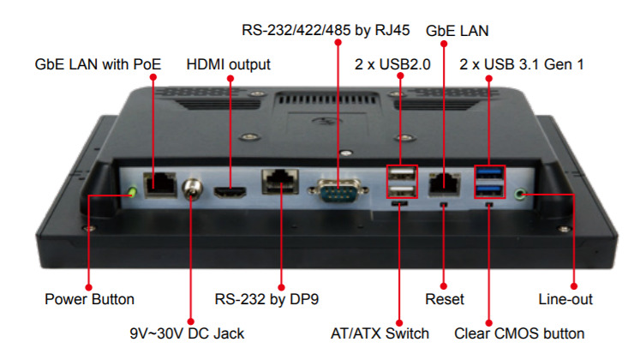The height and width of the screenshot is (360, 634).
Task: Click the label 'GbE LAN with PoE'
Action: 98,64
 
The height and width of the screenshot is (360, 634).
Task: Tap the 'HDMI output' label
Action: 228,64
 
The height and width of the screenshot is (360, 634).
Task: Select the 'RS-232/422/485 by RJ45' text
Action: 326,30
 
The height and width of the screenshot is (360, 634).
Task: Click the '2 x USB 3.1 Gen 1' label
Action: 522,64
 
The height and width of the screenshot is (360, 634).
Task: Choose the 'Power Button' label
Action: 89,299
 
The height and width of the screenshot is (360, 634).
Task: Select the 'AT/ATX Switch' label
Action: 380,332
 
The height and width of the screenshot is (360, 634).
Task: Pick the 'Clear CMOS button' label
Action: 519,332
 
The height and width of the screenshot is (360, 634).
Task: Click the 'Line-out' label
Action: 565,299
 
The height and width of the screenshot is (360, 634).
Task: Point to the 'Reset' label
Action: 445,299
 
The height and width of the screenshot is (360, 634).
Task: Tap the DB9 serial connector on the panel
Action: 337,189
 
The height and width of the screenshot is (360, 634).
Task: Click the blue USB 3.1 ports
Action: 489,182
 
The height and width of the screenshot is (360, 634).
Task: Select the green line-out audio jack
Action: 523,194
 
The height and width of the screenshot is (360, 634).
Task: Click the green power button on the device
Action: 132,190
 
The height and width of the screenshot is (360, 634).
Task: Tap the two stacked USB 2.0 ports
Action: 400,182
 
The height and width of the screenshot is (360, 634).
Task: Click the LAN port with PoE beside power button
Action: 159,183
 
